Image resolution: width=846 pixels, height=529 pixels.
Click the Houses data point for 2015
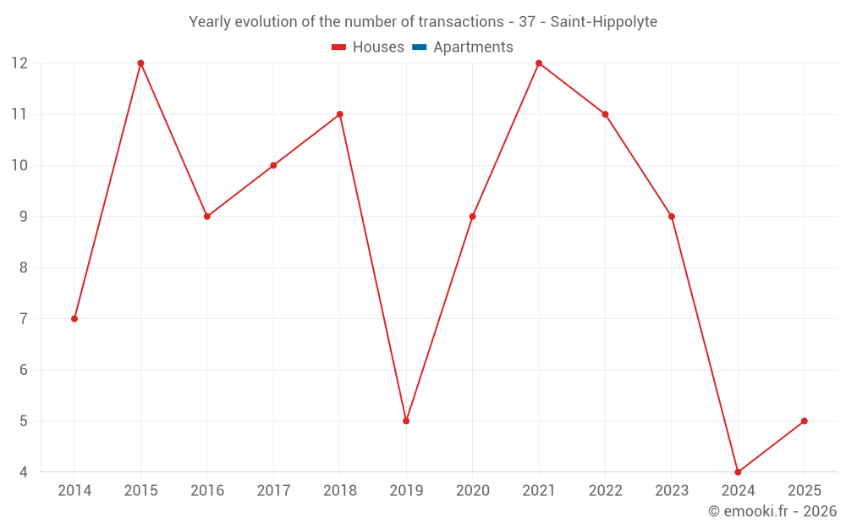point(140,63)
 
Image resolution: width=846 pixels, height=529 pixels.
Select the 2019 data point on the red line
point(406,421)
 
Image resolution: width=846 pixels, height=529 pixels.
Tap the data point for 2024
point(738,471)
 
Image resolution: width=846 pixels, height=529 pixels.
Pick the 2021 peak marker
point(539,63)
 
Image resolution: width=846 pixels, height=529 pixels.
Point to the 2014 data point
point(74,318)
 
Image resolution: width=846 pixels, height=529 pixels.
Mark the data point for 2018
point(340,114)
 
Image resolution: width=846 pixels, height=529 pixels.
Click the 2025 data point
point(804,421)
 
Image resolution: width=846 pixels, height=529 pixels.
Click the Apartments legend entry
point(473,47)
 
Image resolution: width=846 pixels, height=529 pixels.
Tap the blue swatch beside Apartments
point(419,47)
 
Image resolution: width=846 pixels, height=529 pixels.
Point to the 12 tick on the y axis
point(19,63)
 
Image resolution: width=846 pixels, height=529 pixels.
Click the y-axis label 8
point(24,267)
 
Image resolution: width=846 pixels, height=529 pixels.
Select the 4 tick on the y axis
point(24,471)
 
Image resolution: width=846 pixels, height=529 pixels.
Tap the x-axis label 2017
point(273,491)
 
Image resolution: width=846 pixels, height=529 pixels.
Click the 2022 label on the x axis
point(605,491)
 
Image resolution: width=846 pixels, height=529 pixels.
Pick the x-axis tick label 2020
point(472,491)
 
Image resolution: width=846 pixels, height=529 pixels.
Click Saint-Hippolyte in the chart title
point(603,22)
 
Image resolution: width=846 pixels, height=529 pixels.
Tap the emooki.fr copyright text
point(772,511)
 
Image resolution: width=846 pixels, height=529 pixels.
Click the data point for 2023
point(672,217)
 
